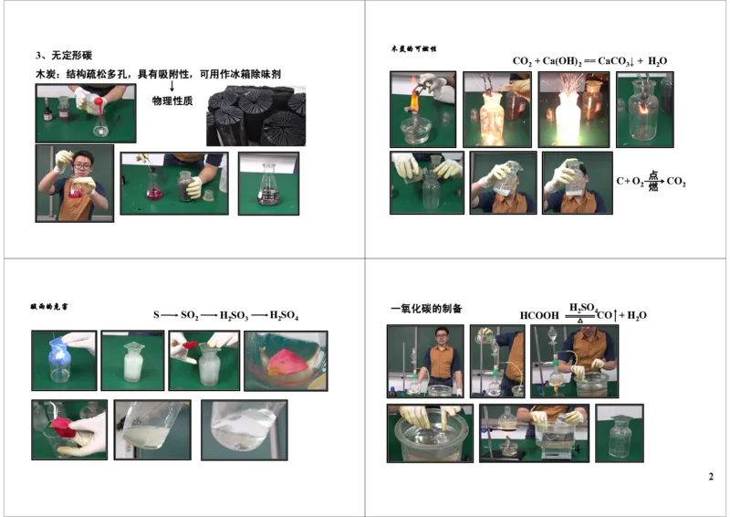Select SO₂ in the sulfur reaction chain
tap(189, 315)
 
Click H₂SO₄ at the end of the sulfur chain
tap(284, 315)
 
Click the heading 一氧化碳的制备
tap(425, 311)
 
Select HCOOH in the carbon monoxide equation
tap(539, 316)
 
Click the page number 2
tap(711, 477)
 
